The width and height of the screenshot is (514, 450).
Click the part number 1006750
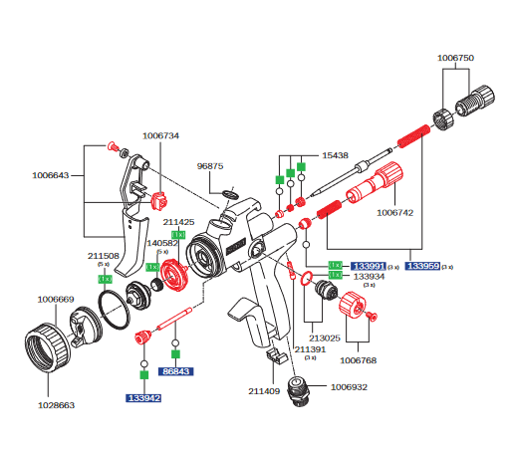pyautogui.click(x=455, y=59)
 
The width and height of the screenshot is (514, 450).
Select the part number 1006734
pyautogui.click(x=161, y=135)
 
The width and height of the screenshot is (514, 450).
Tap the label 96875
pyautogui.click(x=210, y=166)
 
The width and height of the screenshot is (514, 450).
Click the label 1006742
pyautogui.click(x=394, y=212)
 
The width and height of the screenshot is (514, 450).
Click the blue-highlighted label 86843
pyautogui.click(x=175, y=371)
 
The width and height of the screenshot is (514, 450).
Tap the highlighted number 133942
pyautogui.click(x=142, y=397)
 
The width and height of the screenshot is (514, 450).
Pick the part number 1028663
pyautogui.click(x=56, y=406)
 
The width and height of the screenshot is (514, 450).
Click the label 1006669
pyautogui.click(x=56, y=298)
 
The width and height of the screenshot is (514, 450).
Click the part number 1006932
pyautogui.click(x=350, y=385)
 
